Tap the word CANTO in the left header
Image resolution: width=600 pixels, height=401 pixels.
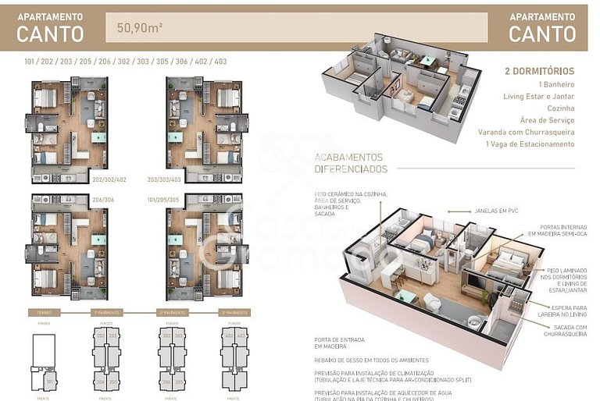(50, 34)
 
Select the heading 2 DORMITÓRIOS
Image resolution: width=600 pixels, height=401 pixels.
(540, 71)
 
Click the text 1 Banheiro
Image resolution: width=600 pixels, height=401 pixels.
(556, 83)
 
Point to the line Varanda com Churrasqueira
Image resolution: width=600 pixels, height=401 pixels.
(526, 132)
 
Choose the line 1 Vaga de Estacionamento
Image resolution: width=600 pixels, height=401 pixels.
(530, 144)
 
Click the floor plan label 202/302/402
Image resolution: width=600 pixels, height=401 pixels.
(109, 179)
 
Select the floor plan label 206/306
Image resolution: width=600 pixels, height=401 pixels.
(103, 199)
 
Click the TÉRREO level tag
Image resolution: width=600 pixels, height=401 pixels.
(44, 312)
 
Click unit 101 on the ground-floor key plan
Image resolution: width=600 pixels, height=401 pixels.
(49, 381)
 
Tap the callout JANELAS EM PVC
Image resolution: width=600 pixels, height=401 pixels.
(497, 211)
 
